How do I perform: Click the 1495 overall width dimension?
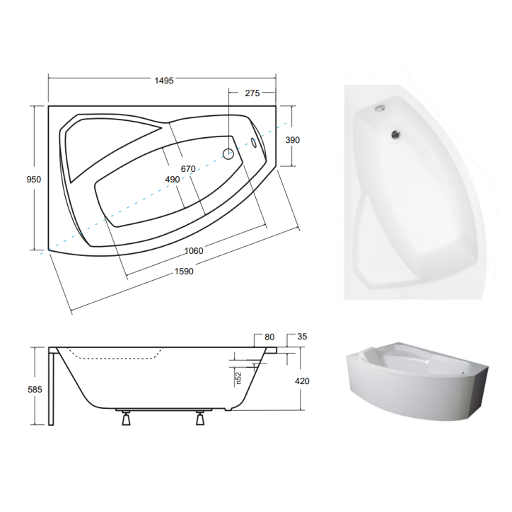[164, 81]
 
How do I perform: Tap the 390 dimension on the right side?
[292, 140]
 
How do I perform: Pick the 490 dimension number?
[172, 180]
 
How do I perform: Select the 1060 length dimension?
[193, 251]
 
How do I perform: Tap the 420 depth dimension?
[303, 381]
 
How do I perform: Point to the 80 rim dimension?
[269, 337]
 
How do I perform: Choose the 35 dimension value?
[303, 337]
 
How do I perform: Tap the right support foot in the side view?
[199, 419]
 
